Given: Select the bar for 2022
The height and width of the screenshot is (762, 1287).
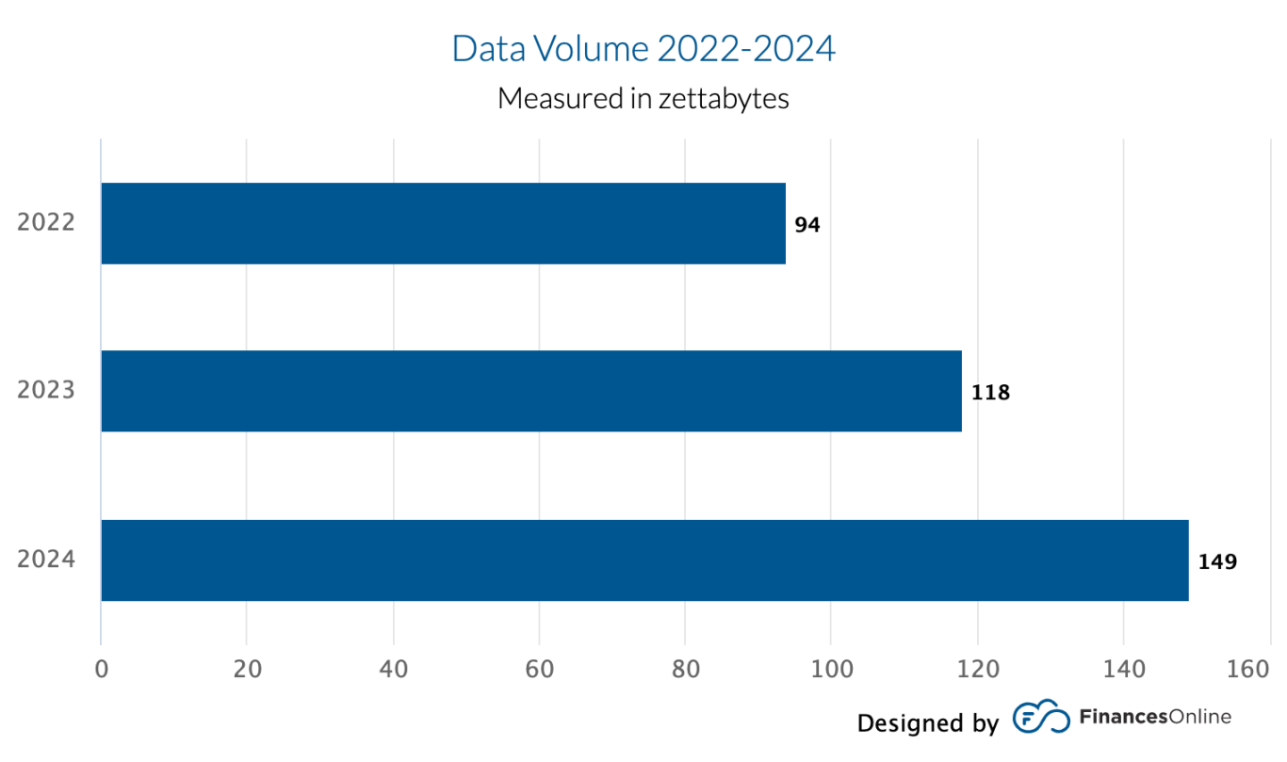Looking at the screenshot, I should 443,223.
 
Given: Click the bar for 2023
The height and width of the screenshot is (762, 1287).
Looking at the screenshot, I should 530,391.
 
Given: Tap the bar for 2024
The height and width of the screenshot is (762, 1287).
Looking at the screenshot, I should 644,559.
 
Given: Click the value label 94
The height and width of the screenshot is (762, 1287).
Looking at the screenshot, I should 807,225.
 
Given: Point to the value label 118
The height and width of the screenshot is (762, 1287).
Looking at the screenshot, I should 990,393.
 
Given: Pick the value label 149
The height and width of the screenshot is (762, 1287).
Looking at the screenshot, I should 1217,562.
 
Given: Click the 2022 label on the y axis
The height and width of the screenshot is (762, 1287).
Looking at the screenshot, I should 46,223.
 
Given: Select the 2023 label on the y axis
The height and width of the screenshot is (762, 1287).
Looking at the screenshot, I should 46,391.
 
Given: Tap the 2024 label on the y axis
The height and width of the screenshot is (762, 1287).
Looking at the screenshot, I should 46,559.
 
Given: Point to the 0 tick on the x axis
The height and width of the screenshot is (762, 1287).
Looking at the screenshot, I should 101,670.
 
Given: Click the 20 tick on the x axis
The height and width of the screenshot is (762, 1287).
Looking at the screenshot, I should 247,670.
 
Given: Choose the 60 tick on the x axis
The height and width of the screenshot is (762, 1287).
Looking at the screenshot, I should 539,670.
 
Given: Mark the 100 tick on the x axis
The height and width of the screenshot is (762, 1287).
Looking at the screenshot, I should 831,670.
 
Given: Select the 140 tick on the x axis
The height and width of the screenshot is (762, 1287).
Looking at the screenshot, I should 1123,670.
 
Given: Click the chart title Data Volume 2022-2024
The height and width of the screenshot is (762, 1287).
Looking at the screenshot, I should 643,49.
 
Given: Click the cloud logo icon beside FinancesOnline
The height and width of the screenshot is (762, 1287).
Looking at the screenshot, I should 1041,719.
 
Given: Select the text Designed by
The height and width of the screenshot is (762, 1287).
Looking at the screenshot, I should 927,722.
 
